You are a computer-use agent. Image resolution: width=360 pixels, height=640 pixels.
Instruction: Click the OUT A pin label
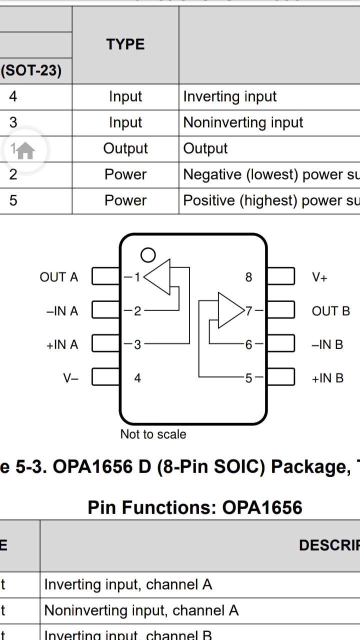pyautogui.click(x=59, y=277)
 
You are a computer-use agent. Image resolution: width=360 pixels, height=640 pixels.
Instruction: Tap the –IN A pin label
pyautogui.click(x=62, y=311)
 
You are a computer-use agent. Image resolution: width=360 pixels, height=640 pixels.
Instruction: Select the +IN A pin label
pyautogui.click(x=62, y=344)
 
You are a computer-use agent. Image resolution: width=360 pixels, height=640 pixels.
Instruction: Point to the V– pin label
pyautogui.click(x=71, y=378)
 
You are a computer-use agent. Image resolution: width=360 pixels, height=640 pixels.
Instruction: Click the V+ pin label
pyautogui.click(x=319, y=277)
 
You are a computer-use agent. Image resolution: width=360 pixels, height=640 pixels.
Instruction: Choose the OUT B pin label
pyautogui.click(x=330, y=311)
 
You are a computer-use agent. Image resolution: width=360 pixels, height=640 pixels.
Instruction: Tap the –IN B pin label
pyautogui.click(x=327, y=344)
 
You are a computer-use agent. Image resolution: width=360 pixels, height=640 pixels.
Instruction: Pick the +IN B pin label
pyautogui.click(x=327, y=378)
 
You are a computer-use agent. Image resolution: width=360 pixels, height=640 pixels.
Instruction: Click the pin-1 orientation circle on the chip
pyautogui.click(x=148, y=255)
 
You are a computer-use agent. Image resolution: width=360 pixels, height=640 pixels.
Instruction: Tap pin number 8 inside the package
pyautogui.click(x=248, y=277)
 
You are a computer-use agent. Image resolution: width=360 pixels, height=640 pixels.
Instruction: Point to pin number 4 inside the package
pyautogui.click(x=137, y=378)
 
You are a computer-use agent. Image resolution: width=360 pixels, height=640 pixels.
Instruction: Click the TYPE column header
pyautogui.click(x=125, y=44)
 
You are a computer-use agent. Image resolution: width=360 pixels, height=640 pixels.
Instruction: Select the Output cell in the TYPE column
pyautogui.click(x=125, y=148)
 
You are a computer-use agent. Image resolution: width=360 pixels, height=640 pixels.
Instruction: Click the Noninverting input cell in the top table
pyautogui.click(x=243, y=122)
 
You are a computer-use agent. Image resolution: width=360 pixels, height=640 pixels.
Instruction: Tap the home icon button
pyautogui.click(x=25, y=150)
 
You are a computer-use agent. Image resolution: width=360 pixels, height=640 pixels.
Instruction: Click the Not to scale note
pyautogui.click(x=153, y=434)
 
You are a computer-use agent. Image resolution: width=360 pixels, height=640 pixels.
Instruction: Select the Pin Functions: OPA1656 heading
pyautogui.click(x=195, y=507)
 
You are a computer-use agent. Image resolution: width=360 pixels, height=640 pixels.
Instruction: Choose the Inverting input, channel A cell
pyautogui.click(x=128, y=584)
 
